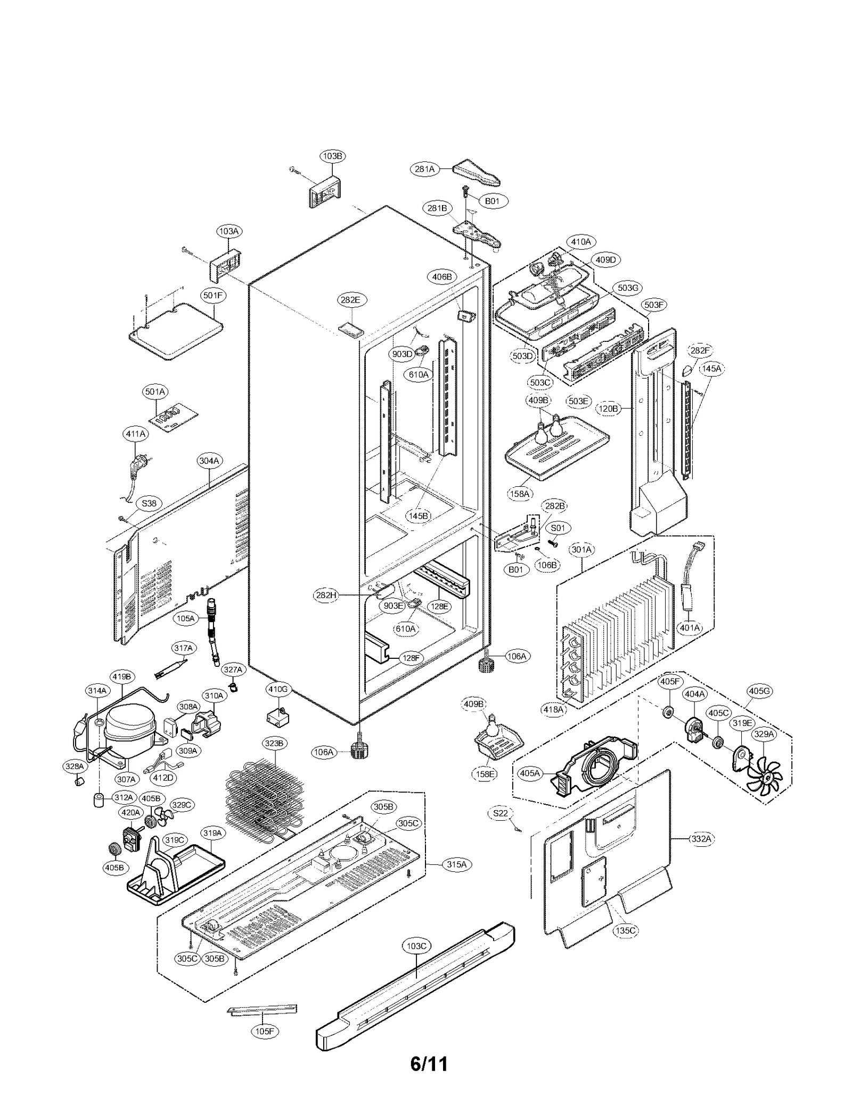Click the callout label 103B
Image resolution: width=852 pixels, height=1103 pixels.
click(x=332, y=156)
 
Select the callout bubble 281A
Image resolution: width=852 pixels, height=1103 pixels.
click(x=424, y=169)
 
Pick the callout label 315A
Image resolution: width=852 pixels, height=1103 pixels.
click(x=456, y=864)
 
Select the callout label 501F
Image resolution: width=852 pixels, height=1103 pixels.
click(x=213, y=295)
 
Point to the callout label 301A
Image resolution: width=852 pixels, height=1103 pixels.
click(x=581, y=549)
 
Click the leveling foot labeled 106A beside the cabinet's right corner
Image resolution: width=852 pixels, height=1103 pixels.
click(x=486, y=665)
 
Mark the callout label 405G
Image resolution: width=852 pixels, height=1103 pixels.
click(x=759, y=691)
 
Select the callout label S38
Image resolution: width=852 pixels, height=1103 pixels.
click(x=149, y=503)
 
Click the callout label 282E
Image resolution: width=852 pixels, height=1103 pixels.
click(x=350, y=300)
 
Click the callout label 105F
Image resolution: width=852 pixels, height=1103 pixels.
click(x=265, y=1031)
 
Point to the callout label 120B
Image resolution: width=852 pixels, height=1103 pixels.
click(x=608, y=408)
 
